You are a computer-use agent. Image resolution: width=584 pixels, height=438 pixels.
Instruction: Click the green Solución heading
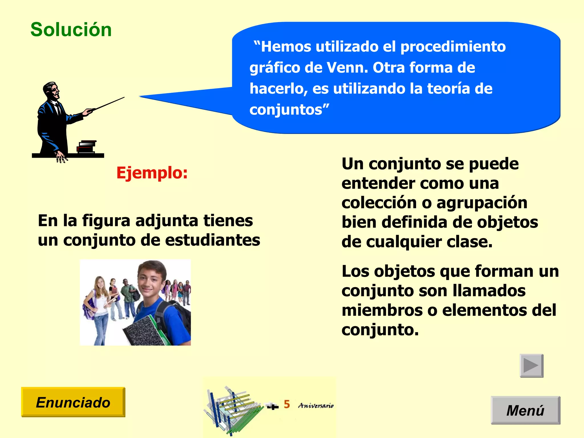(71, 30)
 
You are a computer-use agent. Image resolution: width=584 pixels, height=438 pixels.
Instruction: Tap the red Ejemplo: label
(152, 173)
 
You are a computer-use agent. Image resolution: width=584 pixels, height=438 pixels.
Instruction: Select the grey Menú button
(525, 410)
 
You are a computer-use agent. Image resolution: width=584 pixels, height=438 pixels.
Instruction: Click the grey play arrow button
(531, 365)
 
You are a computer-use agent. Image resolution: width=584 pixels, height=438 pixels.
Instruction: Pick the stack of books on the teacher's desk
(87, 147)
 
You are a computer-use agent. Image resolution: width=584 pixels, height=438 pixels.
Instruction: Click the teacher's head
(52, 90)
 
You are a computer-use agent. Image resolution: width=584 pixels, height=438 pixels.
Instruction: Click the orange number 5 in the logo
(287, 404)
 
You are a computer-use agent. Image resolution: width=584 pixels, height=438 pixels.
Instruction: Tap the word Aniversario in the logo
(316, 405)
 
